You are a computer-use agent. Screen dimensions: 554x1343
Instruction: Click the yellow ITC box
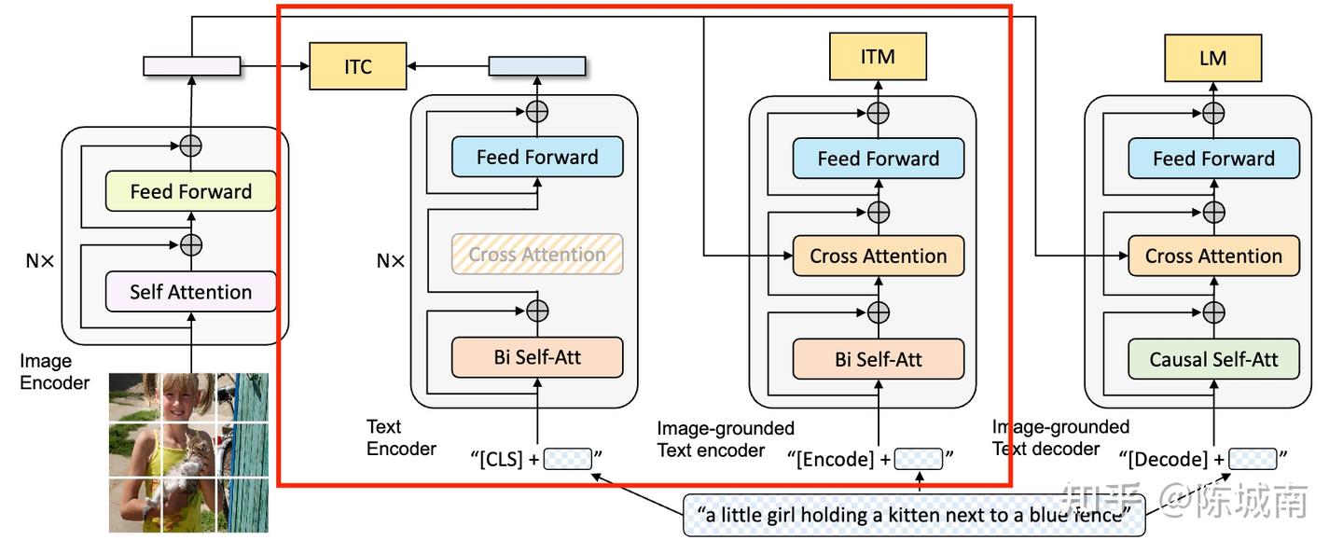(x=357, y=66)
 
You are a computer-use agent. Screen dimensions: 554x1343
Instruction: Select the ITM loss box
(x=878, y=57)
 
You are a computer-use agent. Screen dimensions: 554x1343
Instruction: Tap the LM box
(x=1212, y=58)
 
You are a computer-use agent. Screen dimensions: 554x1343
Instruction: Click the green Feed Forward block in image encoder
(x=191, y=191)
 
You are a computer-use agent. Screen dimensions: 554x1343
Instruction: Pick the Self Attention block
(x=191, y=292)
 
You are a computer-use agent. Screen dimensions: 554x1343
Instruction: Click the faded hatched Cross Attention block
(x=537, y=254)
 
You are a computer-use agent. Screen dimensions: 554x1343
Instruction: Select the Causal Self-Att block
(x=1212, y=359)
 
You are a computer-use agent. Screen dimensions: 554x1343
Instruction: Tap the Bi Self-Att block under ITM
(x=878, y=359)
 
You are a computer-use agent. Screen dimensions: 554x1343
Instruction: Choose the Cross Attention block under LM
(x=1212, y=256)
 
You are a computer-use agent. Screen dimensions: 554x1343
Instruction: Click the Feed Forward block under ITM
(x=878, y=159)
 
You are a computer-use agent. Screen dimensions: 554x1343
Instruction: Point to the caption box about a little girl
(x=914, y=514)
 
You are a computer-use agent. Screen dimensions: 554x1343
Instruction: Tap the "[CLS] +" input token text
(x=507, y=458)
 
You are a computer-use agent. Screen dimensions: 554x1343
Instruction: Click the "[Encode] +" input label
(x=838, y=458)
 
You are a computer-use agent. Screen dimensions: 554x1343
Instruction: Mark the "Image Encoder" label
(x=54, y=371)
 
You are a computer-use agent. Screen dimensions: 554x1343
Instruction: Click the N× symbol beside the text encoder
(x=390, y=262)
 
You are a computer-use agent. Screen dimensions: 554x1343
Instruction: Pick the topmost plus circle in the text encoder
(x=537, y=110)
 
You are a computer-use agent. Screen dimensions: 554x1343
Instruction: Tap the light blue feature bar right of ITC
(x=537, y=66)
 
